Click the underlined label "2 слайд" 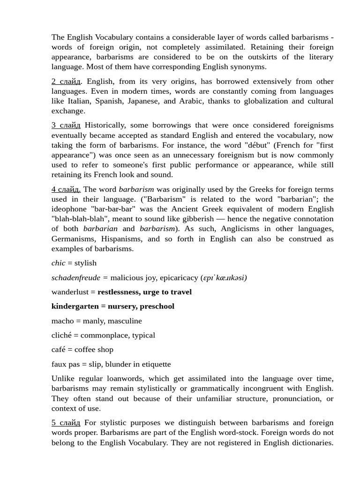click(x=66, y=82)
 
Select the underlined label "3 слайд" click(x=66, y=125)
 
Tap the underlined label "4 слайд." click(x=66, y=189)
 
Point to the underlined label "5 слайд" click(x=66, y=423)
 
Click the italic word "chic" click(x=58, y=263)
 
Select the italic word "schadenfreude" click(x=76, y=277)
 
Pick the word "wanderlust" click(x=70, y=292)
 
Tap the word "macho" click(x=62, y=321)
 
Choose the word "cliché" click(x=62, y=335)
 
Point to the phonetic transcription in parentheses click(x=224, y=277)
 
